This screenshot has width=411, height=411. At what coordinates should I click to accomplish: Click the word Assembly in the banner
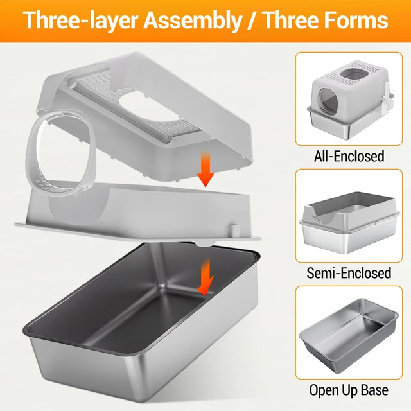tap(193, 21)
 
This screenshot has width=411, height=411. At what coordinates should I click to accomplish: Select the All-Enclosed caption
tap(349, 156)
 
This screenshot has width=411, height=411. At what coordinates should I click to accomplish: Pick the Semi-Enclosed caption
tap(349, 273)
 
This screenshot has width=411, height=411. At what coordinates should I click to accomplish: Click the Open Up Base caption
tap(349, 390)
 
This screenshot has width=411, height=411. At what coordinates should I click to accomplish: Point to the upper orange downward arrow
tap(205, 170)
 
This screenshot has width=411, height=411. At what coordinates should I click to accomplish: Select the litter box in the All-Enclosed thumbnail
tap(351, 99)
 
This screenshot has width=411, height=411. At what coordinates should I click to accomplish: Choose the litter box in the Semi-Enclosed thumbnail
tap(349, 222)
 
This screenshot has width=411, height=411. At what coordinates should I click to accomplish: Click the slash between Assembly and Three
tap(252, 21)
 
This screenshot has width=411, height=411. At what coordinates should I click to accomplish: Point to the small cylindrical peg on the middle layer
tap(234, 230)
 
